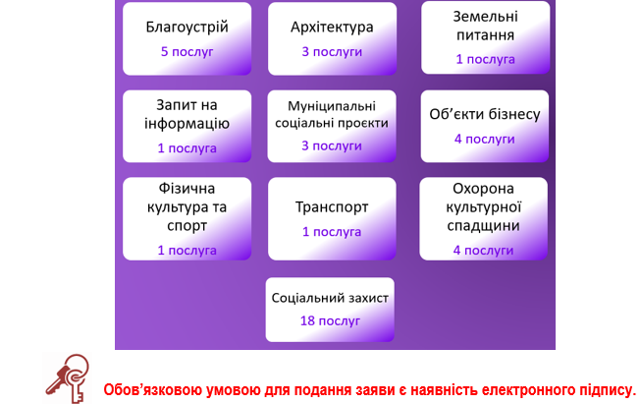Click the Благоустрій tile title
[x=187, y=28]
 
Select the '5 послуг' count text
[x=187, y=52]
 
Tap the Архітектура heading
[x=332, y=28]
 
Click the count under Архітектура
[x=332, y=52]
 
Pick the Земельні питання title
[x=485, y=26]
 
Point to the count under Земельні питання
[x=485, y=59]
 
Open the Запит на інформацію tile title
[x=187, y=115]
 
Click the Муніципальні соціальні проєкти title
[x=332, y=115]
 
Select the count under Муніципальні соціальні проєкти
[x=332, y=145]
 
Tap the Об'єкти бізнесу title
[x=485, y=114]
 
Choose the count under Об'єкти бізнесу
[x=485, y=140]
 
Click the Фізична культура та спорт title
[x=187, y=207]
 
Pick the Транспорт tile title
[x=332, y=207]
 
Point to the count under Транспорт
[x=332, y=232]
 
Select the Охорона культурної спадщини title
[x=483, y=207]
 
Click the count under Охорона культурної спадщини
[x=483, y=250]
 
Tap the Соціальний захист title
[x=330, y=298]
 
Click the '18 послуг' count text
[x=330, y=320]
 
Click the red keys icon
[x=68, y=378]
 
